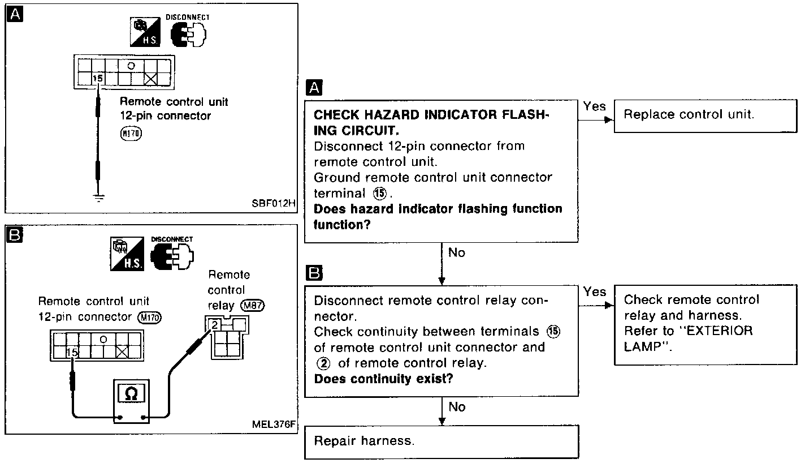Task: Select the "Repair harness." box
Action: (442, 441)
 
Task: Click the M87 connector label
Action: (253, 306)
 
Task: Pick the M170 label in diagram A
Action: (132, 134)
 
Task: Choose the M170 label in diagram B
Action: (150, 318)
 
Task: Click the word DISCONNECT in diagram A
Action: (188, 18)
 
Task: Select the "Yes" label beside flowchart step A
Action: (594, 106)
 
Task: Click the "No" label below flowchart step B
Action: (457, 406)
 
